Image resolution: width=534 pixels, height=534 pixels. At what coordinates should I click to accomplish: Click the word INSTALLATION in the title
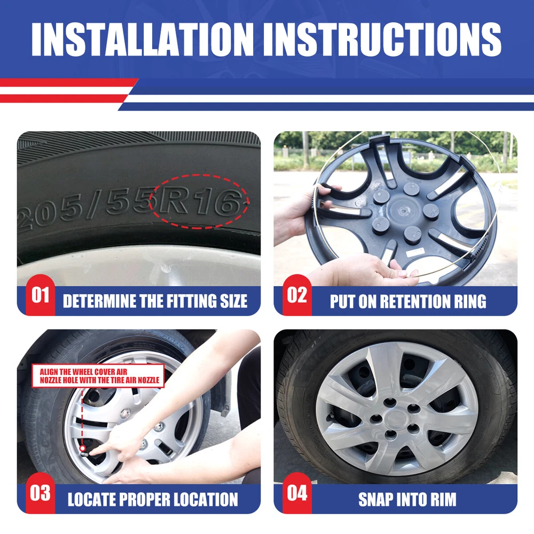143,39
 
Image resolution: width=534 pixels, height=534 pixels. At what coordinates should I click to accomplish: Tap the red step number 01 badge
40,295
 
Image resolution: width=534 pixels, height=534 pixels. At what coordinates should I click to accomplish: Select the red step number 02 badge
297,295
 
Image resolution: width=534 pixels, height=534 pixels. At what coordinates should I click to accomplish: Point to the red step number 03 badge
40,493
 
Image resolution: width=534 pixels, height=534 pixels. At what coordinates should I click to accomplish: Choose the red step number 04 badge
297,493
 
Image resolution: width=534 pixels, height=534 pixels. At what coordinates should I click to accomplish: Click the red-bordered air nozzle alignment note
98,376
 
